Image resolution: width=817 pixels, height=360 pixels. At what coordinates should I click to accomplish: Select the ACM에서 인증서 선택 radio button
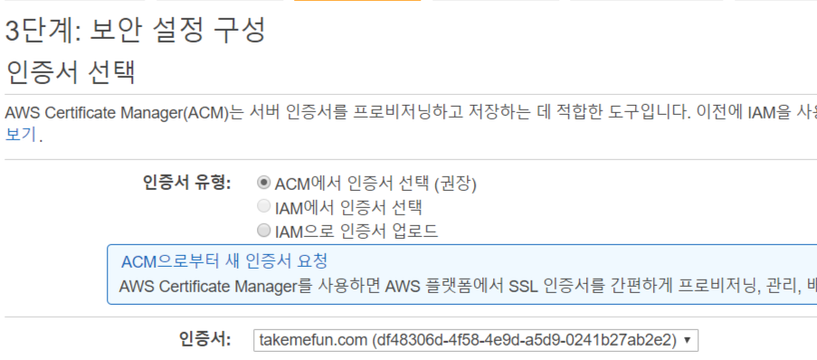(x=264, y=184)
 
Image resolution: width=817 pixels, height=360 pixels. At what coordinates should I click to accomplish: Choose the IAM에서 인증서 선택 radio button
(x=264, y=207)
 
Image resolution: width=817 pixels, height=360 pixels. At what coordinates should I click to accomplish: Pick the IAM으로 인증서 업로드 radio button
(x=264, y=231)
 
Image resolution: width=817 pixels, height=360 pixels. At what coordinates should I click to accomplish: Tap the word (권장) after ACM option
(x=456, y=184)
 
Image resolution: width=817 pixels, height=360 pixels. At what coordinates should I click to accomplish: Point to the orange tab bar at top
(x=357, y=1)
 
